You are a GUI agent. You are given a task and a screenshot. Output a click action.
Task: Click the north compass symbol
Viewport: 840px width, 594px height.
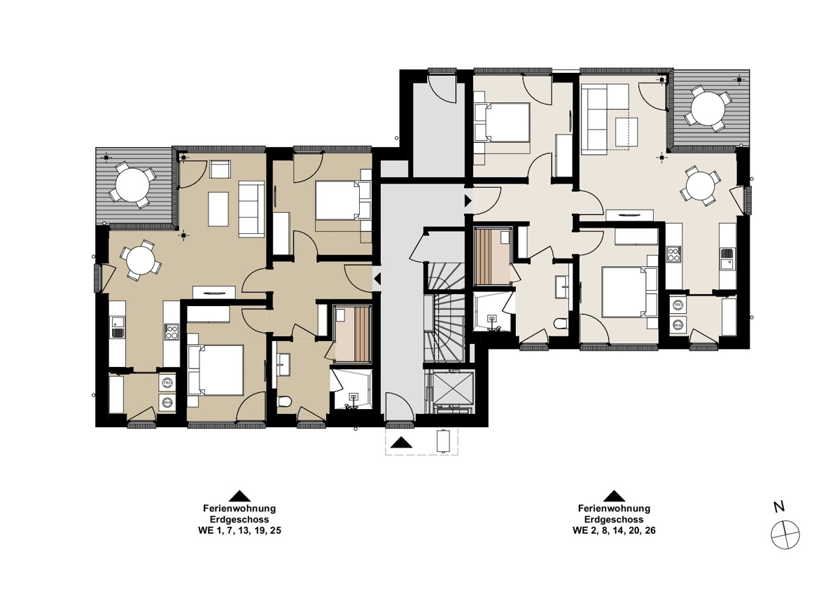[785, 535]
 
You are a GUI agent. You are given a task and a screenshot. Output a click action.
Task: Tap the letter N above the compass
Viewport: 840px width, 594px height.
[779, 507]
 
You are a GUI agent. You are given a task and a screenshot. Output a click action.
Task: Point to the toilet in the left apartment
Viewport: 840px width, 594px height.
[285, 401]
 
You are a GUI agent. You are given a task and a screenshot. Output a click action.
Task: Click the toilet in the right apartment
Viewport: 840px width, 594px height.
[561, 323]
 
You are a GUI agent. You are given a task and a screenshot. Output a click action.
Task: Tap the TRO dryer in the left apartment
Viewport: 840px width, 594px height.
[167, 382]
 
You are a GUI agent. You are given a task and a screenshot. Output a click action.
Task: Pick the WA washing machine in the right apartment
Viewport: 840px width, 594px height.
[678, 324]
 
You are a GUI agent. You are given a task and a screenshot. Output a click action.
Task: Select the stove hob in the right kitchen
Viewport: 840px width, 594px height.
[673, 254]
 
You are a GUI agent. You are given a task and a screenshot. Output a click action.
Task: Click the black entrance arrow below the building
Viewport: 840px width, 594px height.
[401, 443]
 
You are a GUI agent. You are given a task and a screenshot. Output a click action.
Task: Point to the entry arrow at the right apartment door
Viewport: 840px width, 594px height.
[468, 200]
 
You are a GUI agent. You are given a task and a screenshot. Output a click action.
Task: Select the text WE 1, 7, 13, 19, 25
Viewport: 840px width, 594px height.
[239, 531]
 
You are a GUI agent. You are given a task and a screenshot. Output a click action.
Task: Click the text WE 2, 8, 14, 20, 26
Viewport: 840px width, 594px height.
[614, 530]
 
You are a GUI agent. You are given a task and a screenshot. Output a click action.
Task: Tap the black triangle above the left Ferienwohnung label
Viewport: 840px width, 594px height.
[239, 496]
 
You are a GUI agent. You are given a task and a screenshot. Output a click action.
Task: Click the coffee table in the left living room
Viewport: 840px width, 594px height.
[218, 209]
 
